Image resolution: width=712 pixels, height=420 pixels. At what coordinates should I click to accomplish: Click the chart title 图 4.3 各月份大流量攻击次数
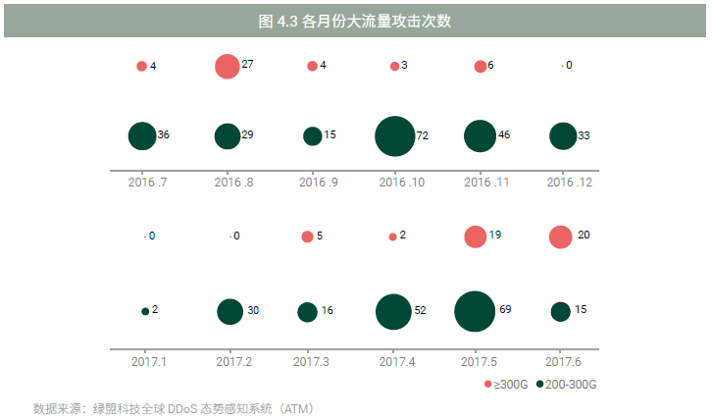(x=354, y=21)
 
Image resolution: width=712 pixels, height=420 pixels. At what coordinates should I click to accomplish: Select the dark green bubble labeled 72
(x=394, y=136)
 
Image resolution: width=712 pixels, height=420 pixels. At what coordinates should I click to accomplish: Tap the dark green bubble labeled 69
(x=475, y=311)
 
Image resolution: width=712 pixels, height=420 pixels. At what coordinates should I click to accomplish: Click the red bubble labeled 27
(x=227, y=66)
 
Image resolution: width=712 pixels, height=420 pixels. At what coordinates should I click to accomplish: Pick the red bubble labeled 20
(x=560, y=236)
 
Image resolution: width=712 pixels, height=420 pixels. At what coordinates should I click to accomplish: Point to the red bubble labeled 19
(x=475, y=236)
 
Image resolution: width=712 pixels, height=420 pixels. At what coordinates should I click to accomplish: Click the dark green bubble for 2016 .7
(x=142, y=136)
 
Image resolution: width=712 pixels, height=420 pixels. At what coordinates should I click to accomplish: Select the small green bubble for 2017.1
(x=145, y=311)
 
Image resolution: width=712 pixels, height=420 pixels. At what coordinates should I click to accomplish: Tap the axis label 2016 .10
(x=394, y=183)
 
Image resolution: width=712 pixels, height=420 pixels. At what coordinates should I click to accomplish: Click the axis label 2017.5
(x=476, y=362)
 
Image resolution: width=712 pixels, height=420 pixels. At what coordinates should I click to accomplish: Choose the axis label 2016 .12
(x=561, y=183)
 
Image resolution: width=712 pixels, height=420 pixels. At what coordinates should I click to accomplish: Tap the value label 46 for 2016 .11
(x=503, y=135)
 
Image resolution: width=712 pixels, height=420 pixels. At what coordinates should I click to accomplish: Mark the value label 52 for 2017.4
(x=420, y=311)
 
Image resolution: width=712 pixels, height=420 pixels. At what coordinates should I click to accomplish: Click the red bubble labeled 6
(x=480, y=67)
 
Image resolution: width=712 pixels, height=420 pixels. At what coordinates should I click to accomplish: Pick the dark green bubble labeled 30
(x=229, y=311)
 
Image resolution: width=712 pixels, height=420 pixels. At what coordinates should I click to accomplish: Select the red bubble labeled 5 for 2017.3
(x=307, y=236)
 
